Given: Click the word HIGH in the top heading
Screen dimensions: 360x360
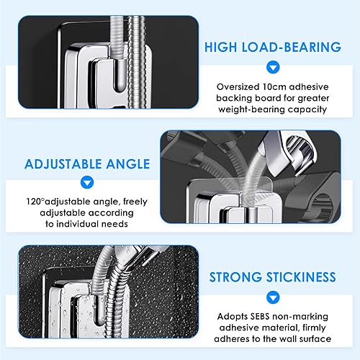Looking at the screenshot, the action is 221,47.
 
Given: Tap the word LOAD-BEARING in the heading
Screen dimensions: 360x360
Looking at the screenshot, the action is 292,47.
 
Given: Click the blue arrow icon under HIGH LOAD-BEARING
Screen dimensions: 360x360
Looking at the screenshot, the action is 273,67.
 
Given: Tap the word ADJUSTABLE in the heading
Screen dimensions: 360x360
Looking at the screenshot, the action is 63,164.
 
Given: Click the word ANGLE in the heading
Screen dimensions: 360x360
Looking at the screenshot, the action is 128,164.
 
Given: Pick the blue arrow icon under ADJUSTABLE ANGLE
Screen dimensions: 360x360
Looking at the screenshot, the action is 87,182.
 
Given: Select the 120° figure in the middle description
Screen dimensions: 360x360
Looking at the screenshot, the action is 35,202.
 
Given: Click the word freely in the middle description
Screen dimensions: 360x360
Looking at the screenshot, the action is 135,202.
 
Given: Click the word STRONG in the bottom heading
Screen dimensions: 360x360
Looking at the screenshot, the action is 235,277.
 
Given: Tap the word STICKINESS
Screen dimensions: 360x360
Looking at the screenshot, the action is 301,277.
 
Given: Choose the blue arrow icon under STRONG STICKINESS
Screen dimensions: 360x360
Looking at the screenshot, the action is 273,297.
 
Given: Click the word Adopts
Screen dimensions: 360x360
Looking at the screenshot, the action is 233,317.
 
